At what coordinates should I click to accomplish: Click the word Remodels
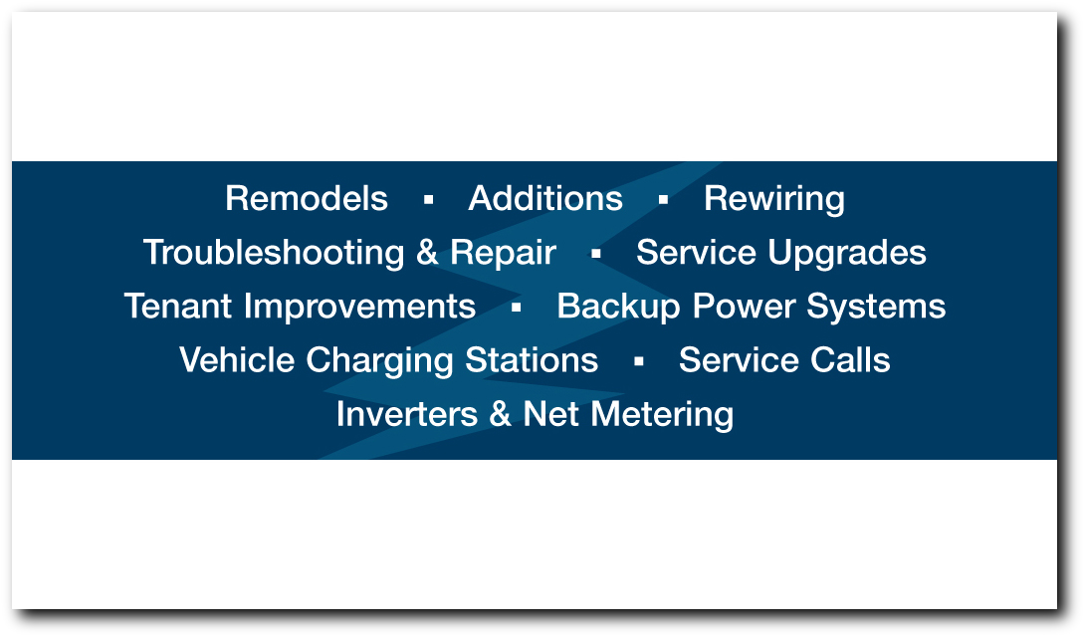click(306, 198)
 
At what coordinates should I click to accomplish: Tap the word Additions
click(545, 198)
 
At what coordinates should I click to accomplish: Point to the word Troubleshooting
click(274, 253)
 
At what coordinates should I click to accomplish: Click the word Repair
click(503, 253)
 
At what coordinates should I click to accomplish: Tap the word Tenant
click(177, 307)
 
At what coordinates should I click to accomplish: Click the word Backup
click(619, 308)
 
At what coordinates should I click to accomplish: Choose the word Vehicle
click(237, 360)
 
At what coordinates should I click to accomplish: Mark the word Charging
click(379, 361)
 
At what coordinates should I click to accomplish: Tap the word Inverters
click(407, 414)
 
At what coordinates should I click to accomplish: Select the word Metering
click(662, 415)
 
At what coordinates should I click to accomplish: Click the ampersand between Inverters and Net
click(500, 414)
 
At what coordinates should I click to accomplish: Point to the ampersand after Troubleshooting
click(427, 252)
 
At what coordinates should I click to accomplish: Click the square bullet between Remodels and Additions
click(429, 200)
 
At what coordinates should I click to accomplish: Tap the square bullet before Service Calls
click(639, 361)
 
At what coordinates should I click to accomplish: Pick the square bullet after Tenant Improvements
click(516, 308)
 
